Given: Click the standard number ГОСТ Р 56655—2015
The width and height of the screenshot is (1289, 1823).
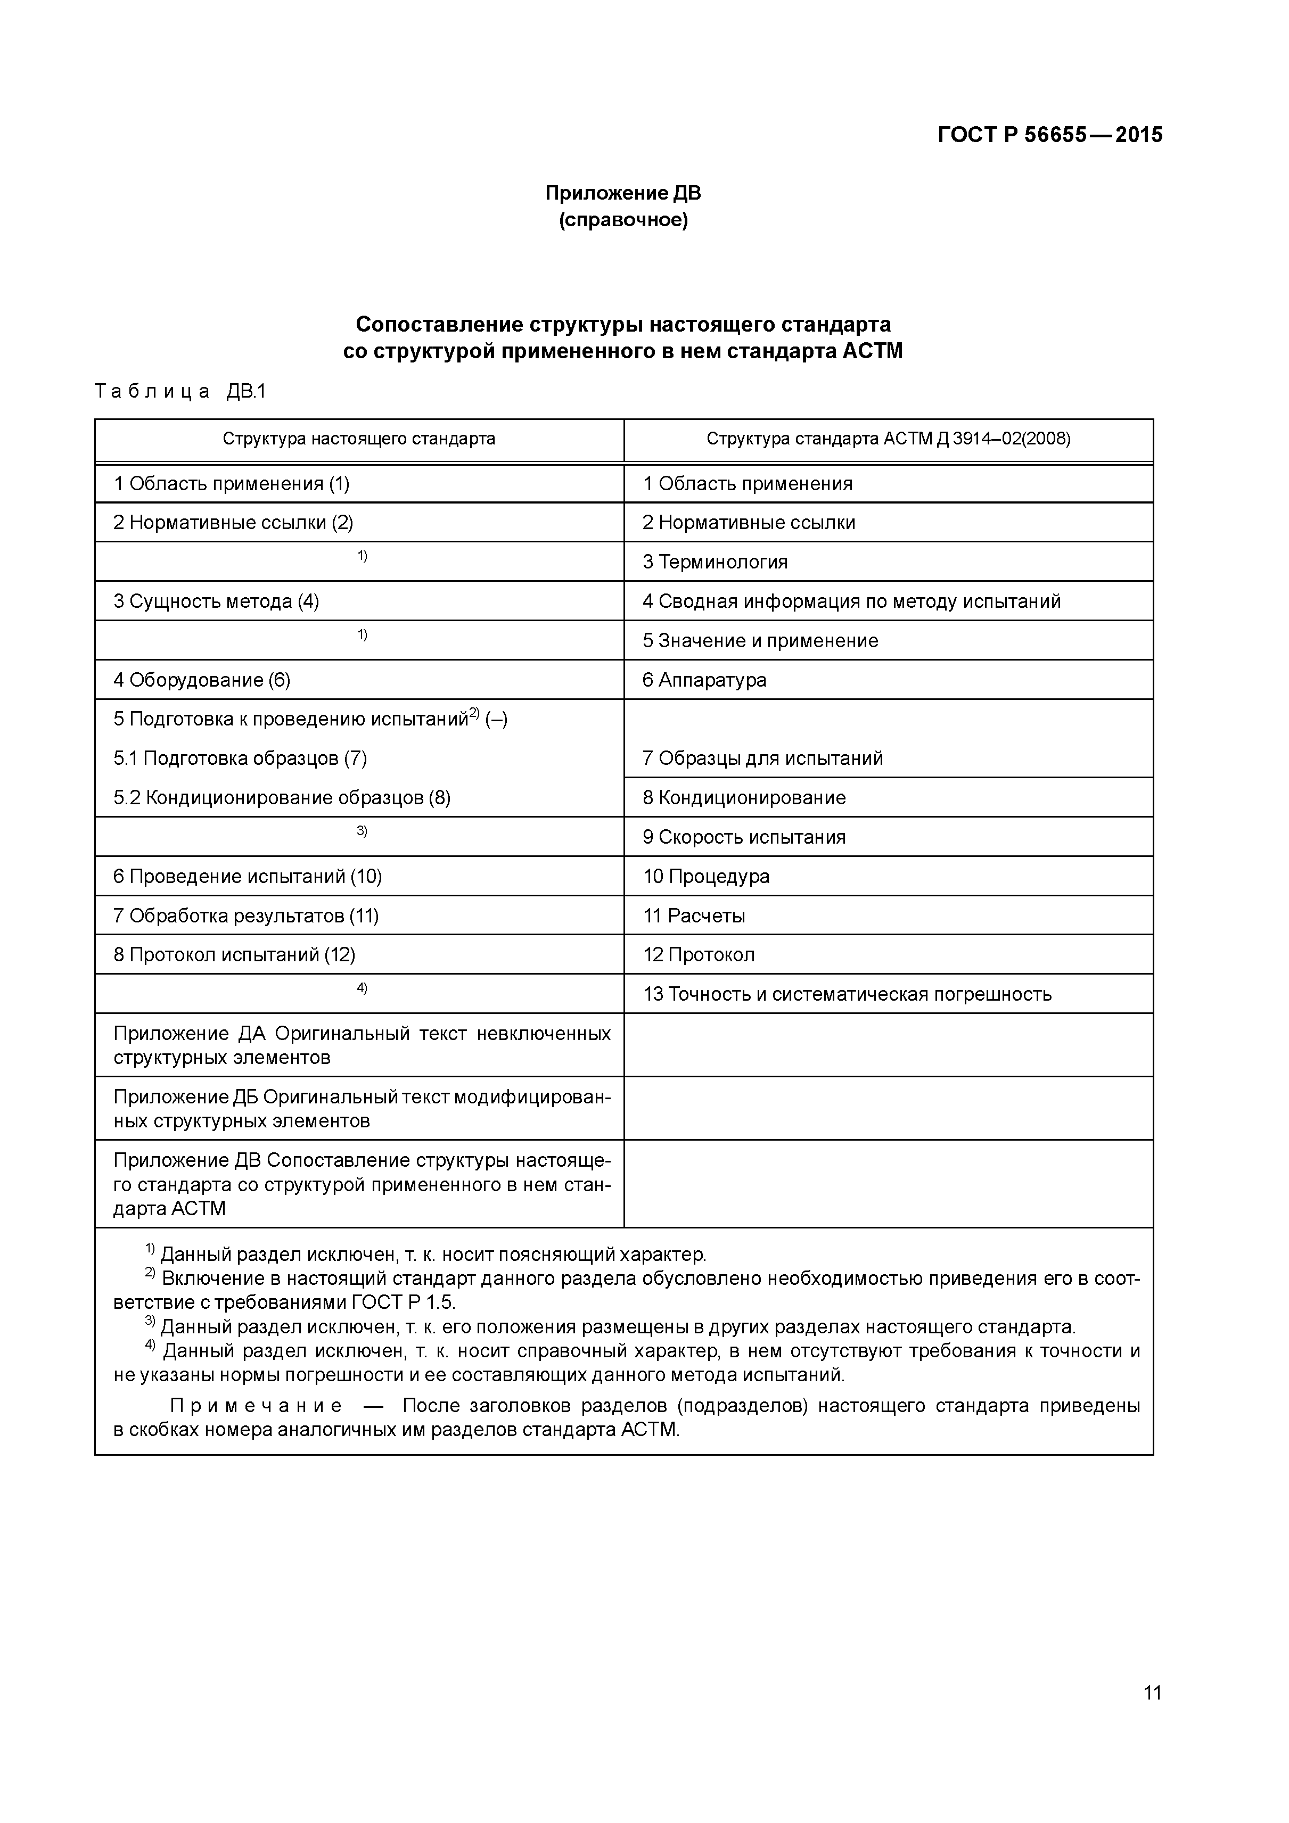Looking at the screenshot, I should [1049, 135].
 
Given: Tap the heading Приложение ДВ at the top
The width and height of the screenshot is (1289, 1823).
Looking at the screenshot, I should [622, 193].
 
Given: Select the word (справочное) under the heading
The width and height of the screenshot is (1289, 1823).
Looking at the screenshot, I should [622, 220].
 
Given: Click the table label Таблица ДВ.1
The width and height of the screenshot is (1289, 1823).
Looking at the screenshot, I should [180, 391].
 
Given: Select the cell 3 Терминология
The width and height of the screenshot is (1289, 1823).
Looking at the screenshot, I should [715, 562].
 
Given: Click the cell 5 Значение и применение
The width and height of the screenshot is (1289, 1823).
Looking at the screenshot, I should [760, 641].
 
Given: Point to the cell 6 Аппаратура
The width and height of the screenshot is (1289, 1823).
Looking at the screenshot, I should [704, 680].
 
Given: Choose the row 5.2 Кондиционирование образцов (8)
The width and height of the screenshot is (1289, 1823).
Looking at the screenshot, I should [282, 798].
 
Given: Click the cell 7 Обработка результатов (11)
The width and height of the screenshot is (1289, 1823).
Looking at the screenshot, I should [246, 916].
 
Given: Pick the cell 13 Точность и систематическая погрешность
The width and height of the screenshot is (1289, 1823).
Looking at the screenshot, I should [847, 995].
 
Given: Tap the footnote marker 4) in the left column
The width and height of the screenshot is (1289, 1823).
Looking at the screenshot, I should [362, 988].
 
